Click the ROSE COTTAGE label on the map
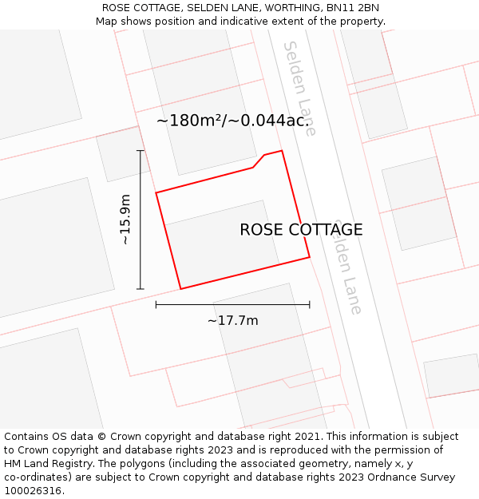click(301, 230)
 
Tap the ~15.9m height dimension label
click(125, 220)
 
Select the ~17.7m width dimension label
click(232, 320)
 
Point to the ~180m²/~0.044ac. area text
click(232, 121)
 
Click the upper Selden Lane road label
click(300, 88)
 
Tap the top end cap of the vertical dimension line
click(141, 150)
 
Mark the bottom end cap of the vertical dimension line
click(141, 289)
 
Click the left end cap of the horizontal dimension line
click(156, 304)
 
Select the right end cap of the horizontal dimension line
click(310, 304)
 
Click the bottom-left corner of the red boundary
click(181, 288)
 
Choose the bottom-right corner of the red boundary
click(309, 257)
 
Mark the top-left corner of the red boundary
click(156, 192)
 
